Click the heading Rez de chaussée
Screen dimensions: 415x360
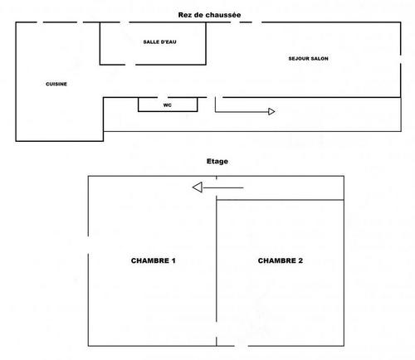point(209,15)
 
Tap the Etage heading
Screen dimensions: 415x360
point(217,162)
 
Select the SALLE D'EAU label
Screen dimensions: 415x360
point(159,42)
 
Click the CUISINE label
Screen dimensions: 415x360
point(56,84)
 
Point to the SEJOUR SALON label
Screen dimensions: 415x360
point(309,59)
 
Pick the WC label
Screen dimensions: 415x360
point(168,105)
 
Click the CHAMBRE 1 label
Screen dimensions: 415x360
point(154,260)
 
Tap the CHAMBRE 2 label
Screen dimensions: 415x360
point(281,260)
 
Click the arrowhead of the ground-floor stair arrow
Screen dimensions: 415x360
point(271,112)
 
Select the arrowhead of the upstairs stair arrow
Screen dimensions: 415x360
point(198,187)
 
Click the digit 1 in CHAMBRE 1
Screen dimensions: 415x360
point(173,260)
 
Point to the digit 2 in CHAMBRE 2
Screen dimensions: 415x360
point(300,260)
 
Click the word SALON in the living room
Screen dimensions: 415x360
point(320,59)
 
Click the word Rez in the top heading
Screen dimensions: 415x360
point(184,15)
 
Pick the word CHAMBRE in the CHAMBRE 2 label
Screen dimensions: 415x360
point(276,260)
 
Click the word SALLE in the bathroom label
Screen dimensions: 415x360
point(151,42)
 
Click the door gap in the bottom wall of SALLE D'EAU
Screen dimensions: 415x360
point(130,65)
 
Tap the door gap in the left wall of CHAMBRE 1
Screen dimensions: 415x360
point(88,245)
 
